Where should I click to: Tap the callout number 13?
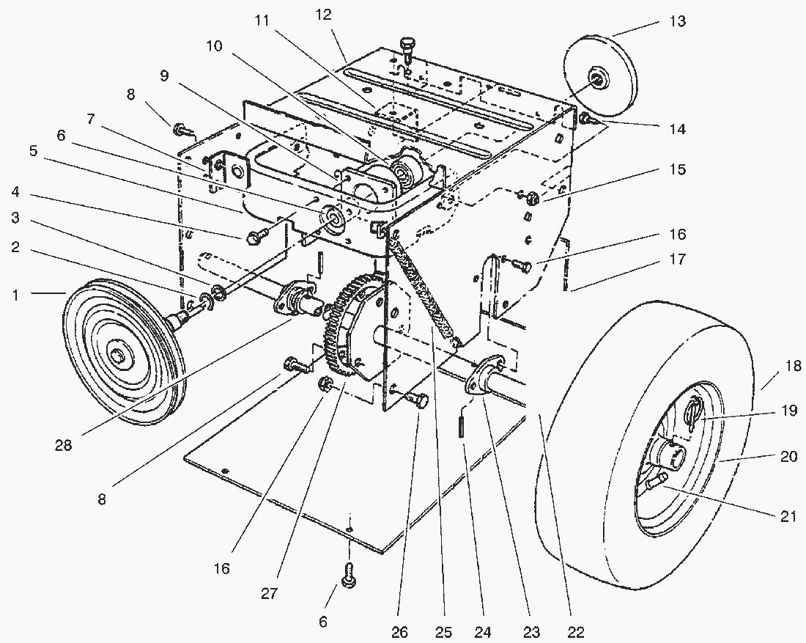coord(677,21)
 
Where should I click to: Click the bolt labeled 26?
coord(418,400)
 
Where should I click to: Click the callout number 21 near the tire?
coord(787,516)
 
